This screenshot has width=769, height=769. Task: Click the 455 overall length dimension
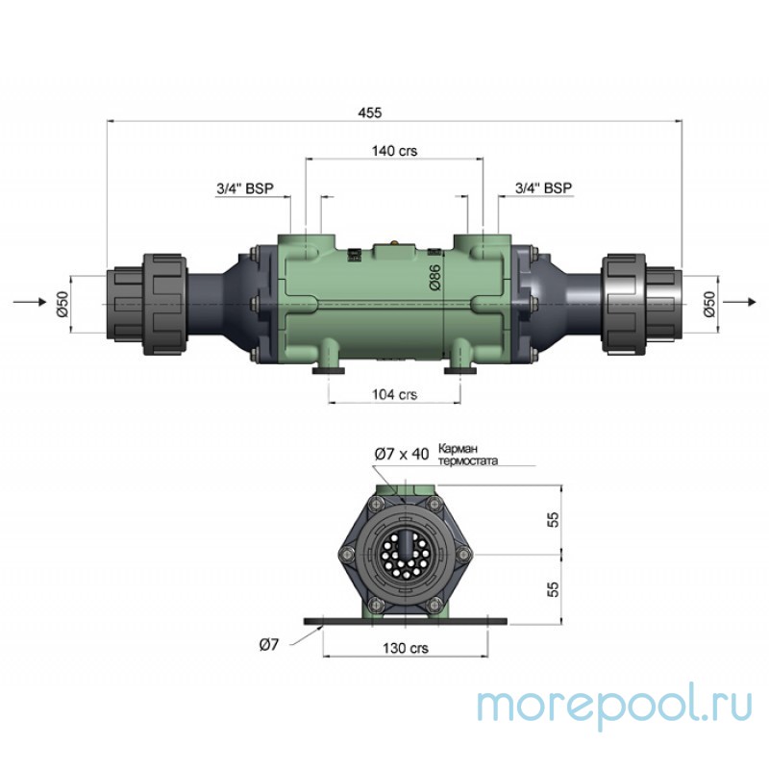click(x=370, y=112)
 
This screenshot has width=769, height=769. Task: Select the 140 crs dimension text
click(x=393, y=151)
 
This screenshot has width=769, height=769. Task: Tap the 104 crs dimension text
click(x=393, y=395)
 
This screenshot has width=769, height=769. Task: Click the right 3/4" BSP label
click(x=543, y=188)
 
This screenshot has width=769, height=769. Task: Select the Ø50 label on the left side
click(x=62, y=303)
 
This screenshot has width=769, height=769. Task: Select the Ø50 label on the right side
click(x=708, y=303)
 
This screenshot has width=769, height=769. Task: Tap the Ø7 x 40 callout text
click(x=401, y=454)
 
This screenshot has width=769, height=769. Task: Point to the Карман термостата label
click(x=468, y=454)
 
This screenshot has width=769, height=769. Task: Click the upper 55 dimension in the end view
click(x=553, y=520)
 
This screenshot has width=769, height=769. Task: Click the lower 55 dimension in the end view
click(x=553, y=587)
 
